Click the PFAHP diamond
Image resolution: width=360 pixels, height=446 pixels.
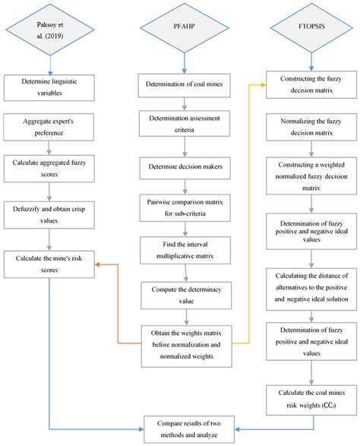tap(185, 27)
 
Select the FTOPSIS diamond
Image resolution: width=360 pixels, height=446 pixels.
tap(311, 27)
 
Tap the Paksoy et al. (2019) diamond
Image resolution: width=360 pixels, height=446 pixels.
tap(50, 30)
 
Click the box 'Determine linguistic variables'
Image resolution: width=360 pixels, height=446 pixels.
tap(49, 87)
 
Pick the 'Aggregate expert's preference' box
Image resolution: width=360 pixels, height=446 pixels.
tap(49, 127)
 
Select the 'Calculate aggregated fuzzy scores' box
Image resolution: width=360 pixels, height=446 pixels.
tap(49, 169)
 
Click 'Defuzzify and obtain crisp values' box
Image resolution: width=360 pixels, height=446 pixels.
tap(49, 215)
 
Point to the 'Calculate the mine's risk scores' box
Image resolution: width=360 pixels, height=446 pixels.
tap(49, 264)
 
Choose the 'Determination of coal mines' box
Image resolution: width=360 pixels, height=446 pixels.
tap(185, 85)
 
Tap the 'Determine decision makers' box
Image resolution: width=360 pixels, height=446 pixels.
tap(185, 167)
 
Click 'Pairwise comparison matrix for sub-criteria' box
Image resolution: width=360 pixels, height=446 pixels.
tap(185, 208)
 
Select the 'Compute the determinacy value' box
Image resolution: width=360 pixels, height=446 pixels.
tap(186, 296)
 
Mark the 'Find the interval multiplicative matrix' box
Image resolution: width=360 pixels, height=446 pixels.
tap(185, 250)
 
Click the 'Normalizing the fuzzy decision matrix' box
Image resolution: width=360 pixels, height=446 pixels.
tap(311, 127)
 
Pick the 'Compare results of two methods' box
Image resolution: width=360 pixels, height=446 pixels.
tap(189, 429)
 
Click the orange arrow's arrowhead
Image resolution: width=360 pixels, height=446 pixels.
tap(97, 264)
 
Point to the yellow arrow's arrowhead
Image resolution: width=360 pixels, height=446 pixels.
tap(264, 85)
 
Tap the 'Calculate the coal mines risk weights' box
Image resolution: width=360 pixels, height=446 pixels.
tap(311, 400)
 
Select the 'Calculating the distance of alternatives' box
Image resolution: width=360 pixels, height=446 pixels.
tap(311, 289)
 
